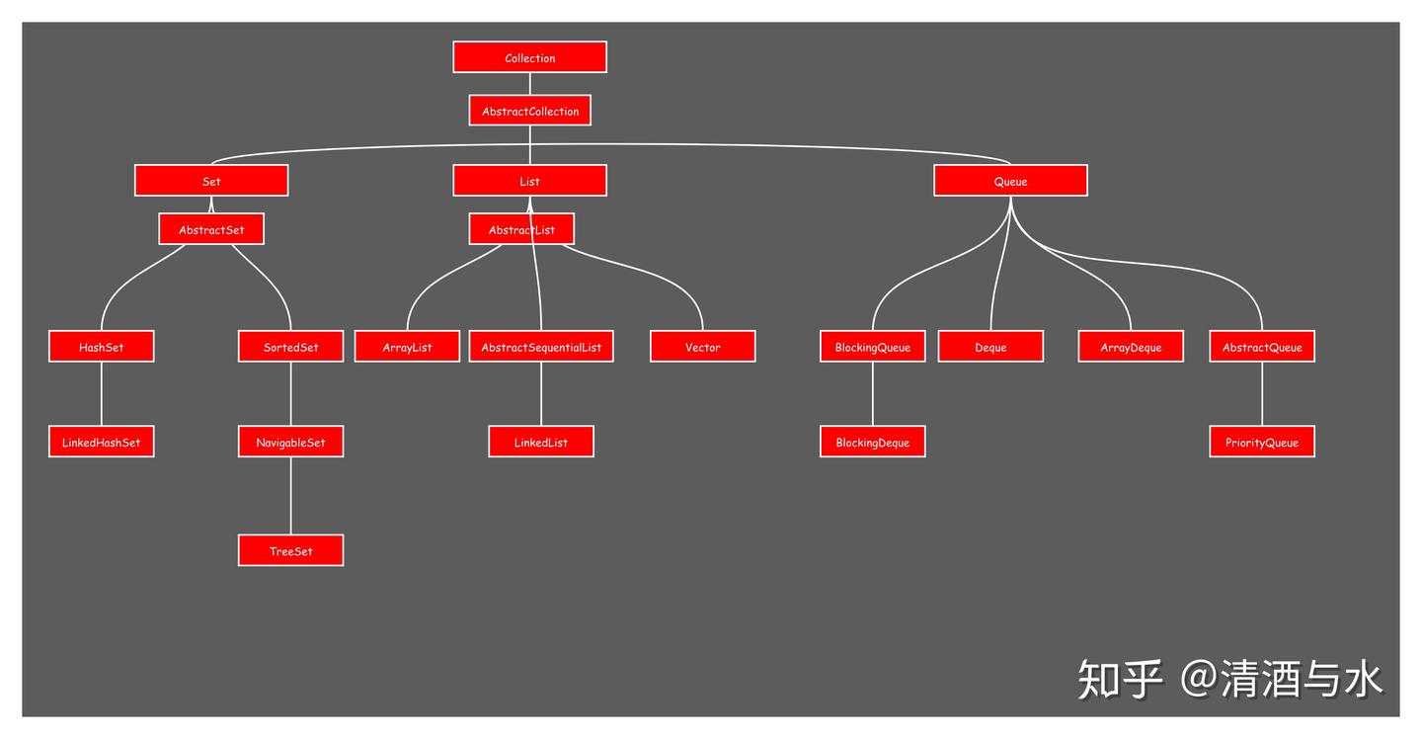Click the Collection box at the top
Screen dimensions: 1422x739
coord(529,57)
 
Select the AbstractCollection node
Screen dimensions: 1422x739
coord(529,111)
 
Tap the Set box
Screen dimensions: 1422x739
coord(211,181)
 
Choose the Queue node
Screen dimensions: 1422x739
coord(1010,181)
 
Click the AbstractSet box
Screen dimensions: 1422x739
coord(211,228)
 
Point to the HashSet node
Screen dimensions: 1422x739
coord(102,346)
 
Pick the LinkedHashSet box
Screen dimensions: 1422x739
coord(102,442)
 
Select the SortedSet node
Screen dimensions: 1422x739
coord(290,346)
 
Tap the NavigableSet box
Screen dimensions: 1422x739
coord(290,442)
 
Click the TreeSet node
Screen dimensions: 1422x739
coord(290,550)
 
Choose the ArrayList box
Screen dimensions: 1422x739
coord(407,346)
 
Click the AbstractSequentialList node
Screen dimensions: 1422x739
coord(541,346)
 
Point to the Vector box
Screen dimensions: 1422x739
coord(703,346)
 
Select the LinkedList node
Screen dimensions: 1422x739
coord(541,442)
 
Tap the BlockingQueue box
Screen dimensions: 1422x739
coord(872,346)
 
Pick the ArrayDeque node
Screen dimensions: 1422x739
coord(1131,346)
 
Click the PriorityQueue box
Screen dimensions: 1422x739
coord(1262,442)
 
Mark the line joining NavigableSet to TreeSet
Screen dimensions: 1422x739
coord(290,496)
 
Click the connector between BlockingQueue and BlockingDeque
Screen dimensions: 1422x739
coord(872,393)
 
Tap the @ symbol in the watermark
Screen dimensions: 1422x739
coord(1198,679)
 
